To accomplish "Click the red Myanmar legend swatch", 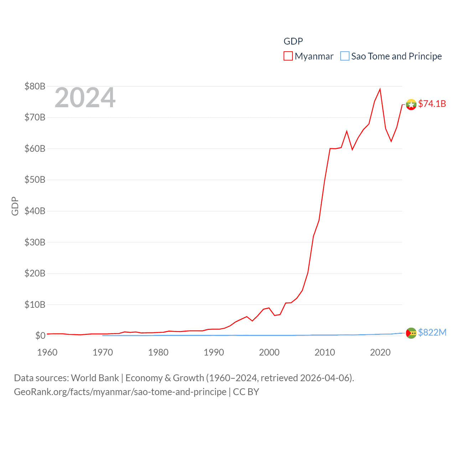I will click(x=288, y=56).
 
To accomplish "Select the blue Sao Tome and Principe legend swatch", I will click(x=344, y=56).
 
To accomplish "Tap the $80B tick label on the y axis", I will click(x=35, y=86).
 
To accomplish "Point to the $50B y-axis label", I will click(x=35, y=180).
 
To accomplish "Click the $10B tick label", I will click(x=35, y=305).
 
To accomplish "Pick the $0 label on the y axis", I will click(x=40, y=336).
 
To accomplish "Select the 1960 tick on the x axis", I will click(x=47, y=352).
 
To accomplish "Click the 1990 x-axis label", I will click(x=214, y=352).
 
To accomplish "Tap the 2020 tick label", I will click(x=380, y=352).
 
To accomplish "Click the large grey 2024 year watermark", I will click(x=85, y=98).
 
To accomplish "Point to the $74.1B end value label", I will click(x=432, y=104).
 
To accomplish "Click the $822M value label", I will click(x=432, y=332).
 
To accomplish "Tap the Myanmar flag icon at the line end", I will click(x=411, y=105).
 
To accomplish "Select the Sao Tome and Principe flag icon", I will click(x=411, y=333).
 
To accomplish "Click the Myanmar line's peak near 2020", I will click(x=380, y=89).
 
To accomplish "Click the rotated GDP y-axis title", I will click(x=15, y=206).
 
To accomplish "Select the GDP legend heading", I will click(x=293, y=41).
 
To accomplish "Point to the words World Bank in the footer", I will click(x=95, y=378).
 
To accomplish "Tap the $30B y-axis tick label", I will click(x=35, y=242).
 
